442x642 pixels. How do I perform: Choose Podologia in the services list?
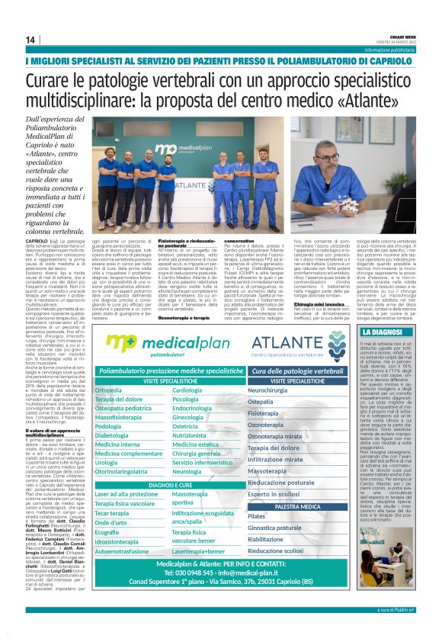click(x=114, y=427)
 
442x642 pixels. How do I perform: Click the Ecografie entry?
click(x=112, y=531)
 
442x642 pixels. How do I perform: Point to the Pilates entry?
click(x=257, y=517)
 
